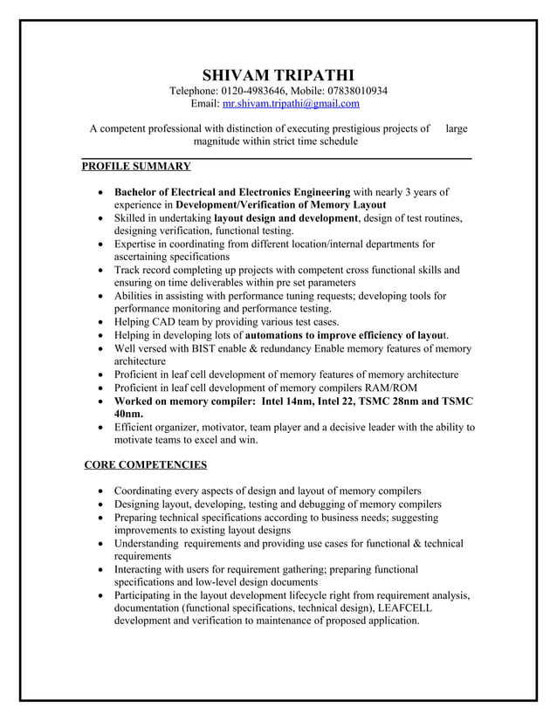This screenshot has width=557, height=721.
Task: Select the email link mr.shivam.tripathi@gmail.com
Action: tap(291, 104)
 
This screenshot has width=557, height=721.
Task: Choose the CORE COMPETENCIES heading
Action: tap(145, 464)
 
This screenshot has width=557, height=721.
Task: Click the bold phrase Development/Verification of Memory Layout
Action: tap(287, 204)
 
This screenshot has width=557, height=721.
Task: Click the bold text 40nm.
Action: tap(129, 414)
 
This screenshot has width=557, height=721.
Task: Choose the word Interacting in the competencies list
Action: tap(142, 569)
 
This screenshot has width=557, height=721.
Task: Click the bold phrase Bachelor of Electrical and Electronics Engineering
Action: tap(232, 191)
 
